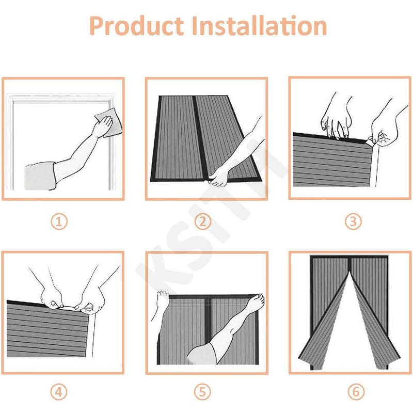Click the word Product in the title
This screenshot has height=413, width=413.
[x=136, y=26]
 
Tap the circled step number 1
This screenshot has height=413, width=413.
[x=59, y=221]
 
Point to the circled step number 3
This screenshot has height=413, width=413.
[x=353, y=221]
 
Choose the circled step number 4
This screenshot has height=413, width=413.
[x=59, y=392]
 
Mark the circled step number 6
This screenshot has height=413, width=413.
[x=353, y=392]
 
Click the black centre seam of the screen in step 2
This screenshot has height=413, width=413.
[x=193, y=134]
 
